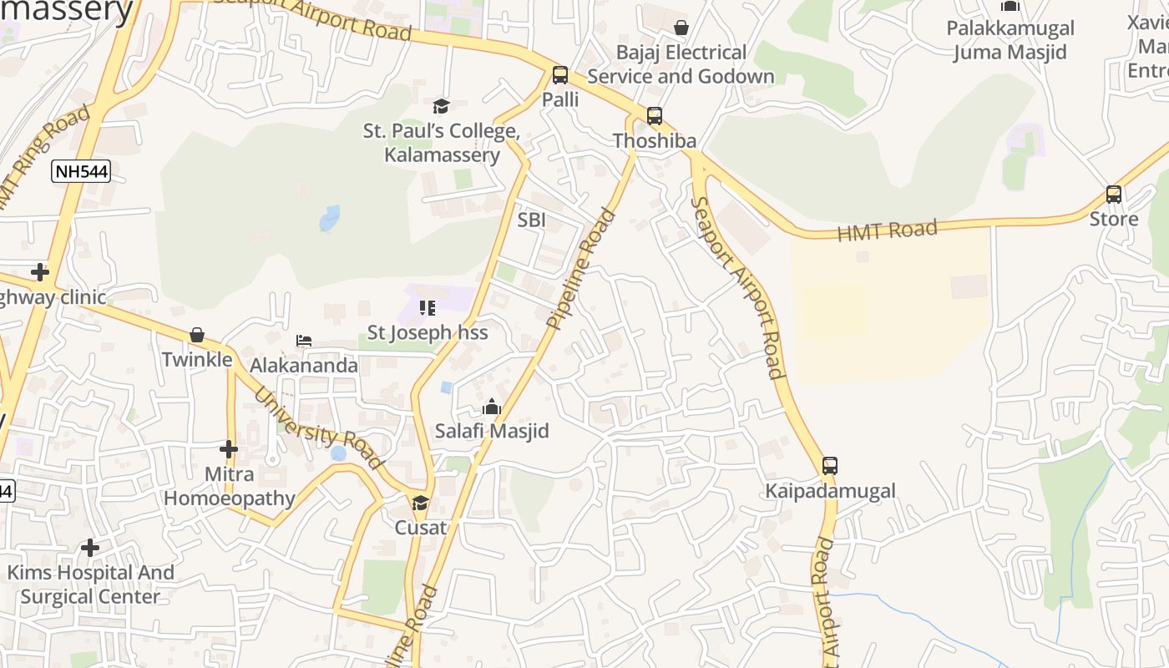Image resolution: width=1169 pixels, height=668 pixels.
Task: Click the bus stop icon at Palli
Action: point(559,75)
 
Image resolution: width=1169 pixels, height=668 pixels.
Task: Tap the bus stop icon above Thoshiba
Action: point(655,116)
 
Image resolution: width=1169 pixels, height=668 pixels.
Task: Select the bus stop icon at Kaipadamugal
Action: point(829,466)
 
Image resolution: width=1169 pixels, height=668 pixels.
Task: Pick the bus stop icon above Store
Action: point(1113,195)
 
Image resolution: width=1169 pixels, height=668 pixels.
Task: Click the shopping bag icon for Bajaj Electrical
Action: point(681,28)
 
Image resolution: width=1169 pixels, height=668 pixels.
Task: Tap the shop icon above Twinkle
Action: point(197,335)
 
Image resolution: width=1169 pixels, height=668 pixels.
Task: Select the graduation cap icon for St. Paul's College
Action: point(441,106)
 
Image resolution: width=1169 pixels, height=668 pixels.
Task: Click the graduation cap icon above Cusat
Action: point(420,503)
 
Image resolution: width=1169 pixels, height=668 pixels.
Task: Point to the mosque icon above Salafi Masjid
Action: point(492,407)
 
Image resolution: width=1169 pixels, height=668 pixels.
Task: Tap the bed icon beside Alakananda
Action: point(304,341)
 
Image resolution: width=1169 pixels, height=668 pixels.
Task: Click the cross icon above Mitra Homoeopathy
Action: point(229,449)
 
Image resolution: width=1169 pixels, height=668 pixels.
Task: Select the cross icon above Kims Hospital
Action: point(90,548)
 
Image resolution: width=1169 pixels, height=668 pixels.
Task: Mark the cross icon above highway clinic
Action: point(39,272)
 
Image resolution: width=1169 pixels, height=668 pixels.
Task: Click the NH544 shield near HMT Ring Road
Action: point(81,172)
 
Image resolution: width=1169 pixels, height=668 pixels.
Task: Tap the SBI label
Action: point(532,220)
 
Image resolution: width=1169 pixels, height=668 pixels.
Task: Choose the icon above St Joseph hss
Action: point(428,308)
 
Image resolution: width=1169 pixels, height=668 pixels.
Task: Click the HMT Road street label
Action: point(887,230)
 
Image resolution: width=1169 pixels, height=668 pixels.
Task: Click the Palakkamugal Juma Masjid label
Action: point(1010,40)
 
